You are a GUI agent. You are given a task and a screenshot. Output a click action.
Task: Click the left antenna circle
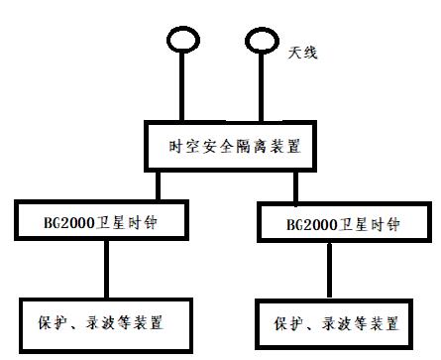pyautogui.click(x=181, y=41)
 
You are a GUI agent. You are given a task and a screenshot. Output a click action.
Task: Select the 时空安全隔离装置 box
pyautogui.click(x=235, y=147)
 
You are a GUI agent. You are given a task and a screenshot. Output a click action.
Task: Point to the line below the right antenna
pyautogui.click(x=263, y=89)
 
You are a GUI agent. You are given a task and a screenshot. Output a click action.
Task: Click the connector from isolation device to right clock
pyautogui.click(x=294, y=188)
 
